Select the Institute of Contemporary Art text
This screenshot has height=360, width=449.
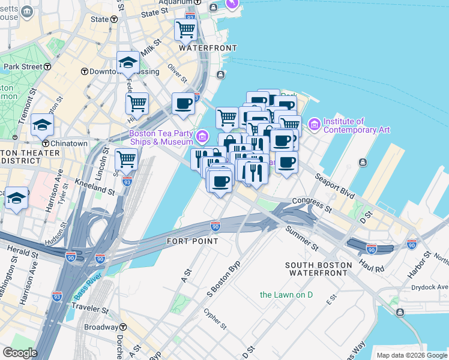357,125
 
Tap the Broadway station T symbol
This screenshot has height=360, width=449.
123,327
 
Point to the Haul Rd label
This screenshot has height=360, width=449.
372,266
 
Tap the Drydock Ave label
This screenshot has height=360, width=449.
428,287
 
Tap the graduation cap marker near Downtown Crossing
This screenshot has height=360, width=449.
128,62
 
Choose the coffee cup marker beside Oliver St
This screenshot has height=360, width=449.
183,103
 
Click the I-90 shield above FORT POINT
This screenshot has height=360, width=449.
215,226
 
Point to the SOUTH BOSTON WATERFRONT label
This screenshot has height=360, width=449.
316,269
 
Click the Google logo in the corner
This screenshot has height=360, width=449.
20,353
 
